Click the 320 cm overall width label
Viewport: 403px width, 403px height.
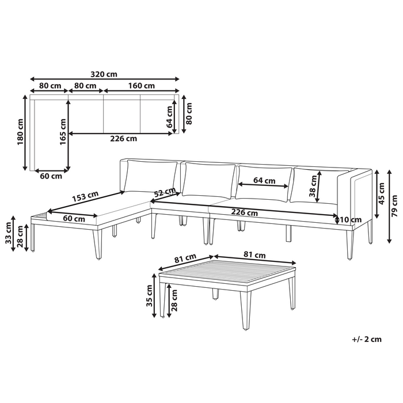tap(104, 74)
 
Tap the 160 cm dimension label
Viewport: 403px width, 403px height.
tap(141, 86)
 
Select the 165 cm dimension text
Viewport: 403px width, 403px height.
tap(64, 132)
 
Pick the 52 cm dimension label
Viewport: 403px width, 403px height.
tap(165, 191)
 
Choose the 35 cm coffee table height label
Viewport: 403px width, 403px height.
tap(150, 300)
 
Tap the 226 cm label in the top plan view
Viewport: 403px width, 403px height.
tap(123, 139)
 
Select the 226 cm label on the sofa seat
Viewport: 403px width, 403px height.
tap(244, 212)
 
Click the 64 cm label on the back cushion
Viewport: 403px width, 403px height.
tap(264, 180)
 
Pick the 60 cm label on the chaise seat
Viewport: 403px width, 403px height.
tap(74, 218)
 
